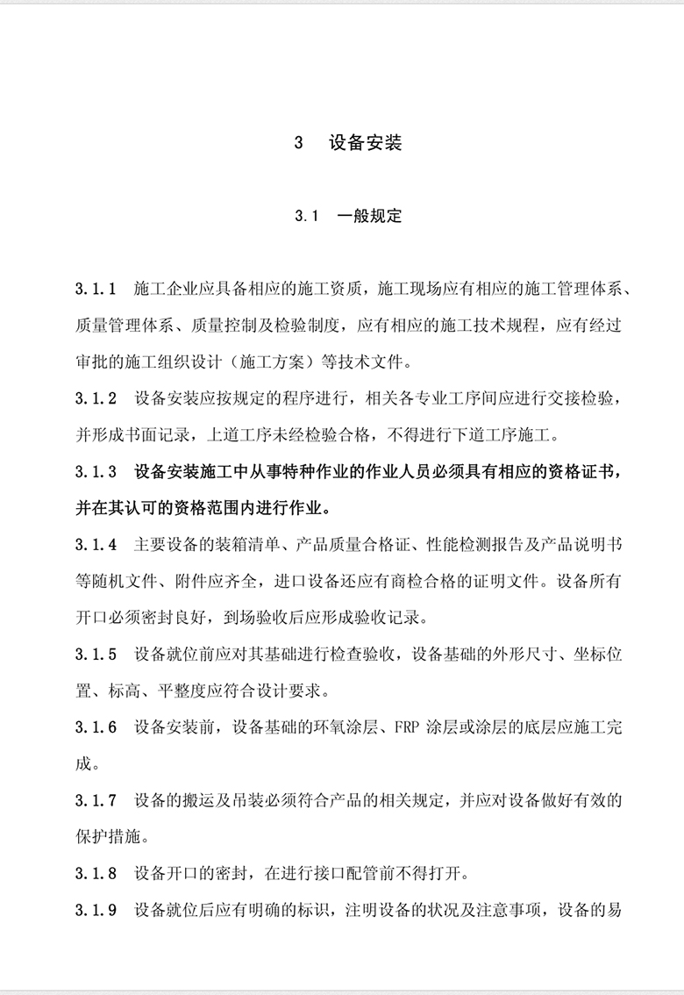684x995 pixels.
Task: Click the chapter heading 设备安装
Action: pos(365,143)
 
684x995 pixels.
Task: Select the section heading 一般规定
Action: pos(369,216)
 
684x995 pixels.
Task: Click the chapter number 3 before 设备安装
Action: pos(299,143)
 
